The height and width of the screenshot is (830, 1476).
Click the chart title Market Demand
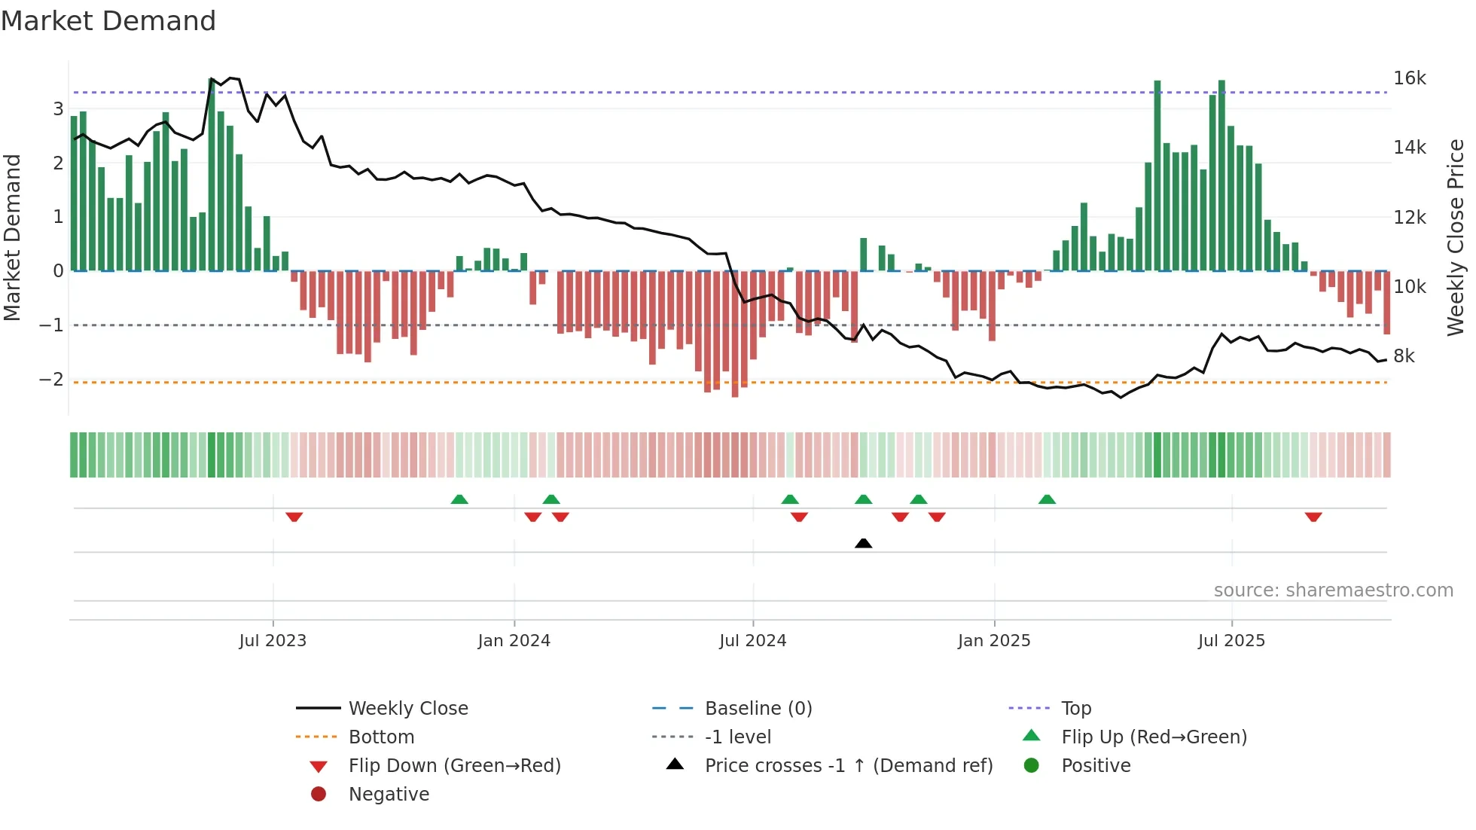point(108,21)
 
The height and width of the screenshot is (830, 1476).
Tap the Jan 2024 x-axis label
point(514,641)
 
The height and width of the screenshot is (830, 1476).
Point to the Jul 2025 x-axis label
point(1231,641)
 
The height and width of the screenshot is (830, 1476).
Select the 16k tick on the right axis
point(1409,78)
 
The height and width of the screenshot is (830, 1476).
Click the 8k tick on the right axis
point(1404,356)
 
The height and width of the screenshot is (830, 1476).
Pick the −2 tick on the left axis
point(51,379)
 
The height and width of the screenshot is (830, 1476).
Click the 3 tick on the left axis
point(58,109)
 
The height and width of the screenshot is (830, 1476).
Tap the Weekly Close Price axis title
point(1455,237)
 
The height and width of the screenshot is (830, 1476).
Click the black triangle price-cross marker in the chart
point(863,543)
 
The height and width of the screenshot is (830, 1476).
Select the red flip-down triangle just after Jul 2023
point(294,517)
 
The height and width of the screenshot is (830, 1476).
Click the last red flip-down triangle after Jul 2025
point(1313,517)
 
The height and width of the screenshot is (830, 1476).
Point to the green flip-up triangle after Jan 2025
point(1047,499)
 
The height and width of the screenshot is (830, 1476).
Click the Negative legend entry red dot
point(319,795)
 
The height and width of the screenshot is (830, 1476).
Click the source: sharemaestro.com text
point(1333,590)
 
